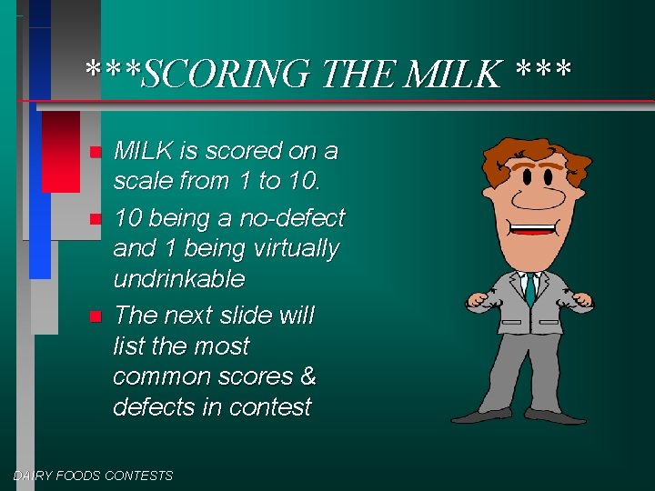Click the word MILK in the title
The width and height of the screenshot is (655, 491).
click(455, 73)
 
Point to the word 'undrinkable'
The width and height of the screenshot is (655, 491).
click(178, 277)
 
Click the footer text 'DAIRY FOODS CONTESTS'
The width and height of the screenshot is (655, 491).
click(93, 475)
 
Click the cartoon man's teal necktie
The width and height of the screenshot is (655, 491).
click(529, 289)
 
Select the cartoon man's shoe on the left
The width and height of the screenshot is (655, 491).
click(482, 416)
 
